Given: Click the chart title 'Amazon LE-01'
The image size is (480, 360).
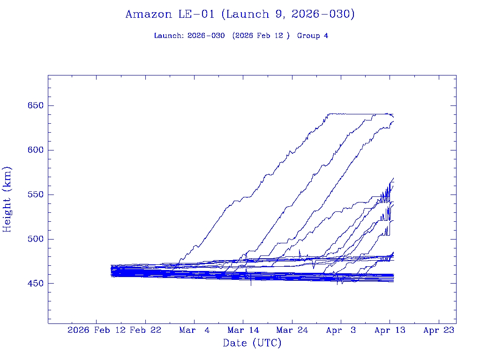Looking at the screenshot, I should [x=172, y=15].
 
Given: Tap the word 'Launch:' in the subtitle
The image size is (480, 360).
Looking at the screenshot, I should [x=169, y=36].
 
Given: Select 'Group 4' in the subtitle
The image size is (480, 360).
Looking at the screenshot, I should [x=313, y=36].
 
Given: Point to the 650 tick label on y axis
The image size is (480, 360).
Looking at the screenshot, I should [x=36, y=105].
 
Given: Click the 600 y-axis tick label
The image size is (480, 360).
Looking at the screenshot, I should [x=36, y=150].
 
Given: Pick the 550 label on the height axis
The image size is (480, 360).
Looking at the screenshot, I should [x=36, y=195].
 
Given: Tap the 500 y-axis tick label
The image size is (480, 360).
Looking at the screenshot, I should [x=36, y=239].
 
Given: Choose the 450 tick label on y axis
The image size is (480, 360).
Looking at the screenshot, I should [x=36, y=284].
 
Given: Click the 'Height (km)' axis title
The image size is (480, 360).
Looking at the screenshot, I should [x=7, y=199].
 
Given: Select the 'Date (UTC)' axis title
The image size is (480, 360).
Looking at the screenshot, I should [x=252, y=343].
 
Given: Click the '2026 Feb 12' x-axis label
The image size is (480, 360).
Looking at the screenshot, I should [x=97, y=330].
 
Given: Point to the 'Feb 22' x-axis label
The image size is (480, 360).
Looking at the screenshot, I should [x=145, y=330].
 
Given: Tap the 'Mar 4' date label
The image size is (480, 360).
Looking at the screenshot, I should [x=194, y=330].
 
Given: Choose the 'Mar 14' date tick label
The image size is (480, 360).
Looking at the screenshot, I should [x=243, y=330].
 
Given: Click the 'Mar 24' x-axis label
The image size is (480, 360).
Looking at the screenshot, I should [x=292, y=330].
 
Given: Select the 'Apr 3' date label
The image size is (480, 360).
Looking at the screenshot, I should [x=341, y=330].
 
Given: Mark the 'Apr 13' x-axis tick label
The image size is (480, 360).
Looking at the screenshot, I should [x=390, y=330].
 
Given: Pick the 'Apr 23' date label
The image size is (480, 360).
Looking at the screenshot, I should [x=438, y=330].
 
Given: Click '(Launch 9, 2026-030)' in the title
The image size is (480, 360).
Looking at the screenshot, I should [x=288, y=15].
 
